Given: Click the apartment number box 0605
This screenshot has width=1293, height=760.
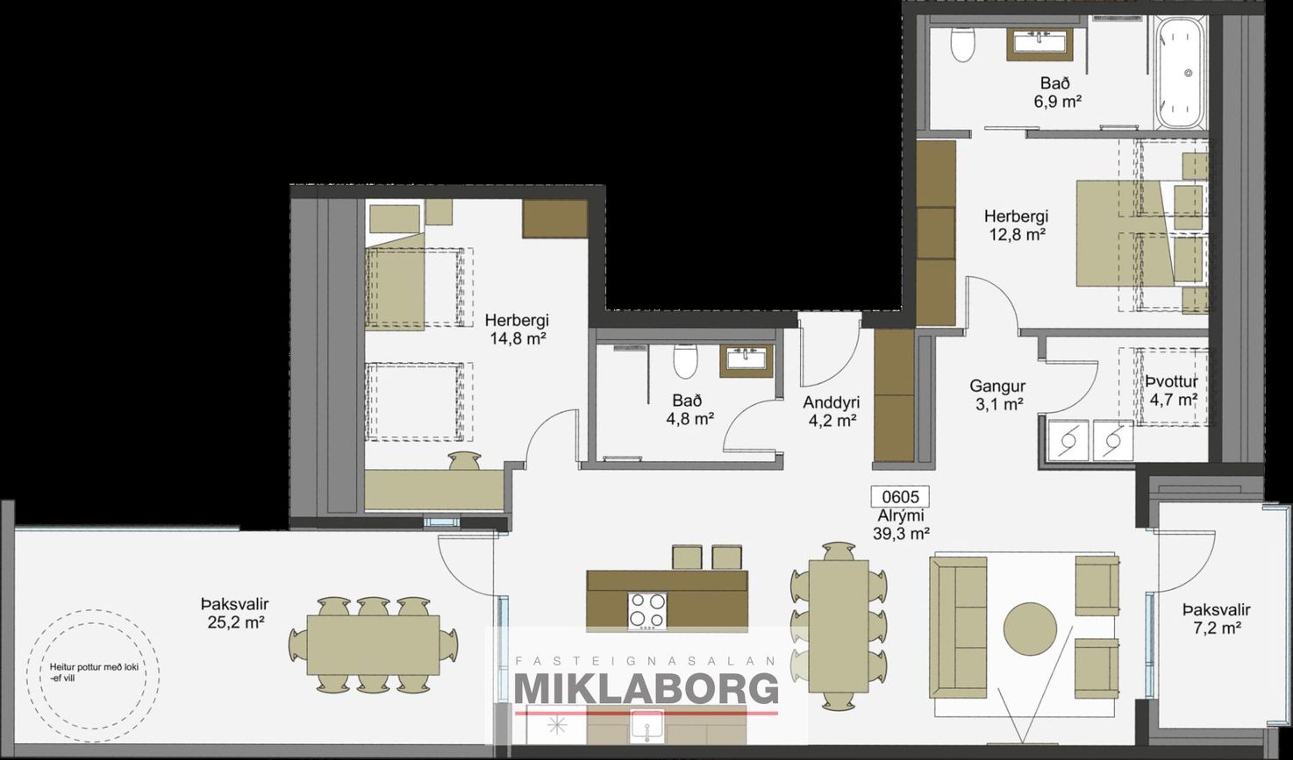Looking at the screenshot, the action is click(x=900, y=496).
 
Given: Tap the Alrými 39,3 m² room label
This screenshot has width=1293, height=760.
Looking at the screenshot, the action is click(x=901, y=524).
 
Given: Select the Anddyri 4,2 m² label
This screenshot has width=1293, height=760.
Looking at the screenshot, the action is click(x=832, y=411).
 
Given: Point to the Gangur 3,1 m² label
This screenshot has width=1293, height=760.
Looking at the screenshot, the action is click(x=997, y=395).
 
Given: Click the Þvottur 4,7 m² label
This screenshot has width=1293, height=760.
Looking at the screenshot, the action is click(x=1172, y=390).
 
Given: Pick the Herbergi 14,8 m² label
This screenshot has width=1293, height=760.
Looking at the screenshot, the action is click(x=518, y=329).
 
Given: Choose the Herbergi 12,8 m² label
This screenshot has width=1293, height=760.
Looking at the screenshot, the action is click(x=1017, y=225).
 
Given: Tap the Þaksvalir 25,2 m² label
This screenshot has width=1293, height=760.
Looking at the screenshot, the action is click(x=235, y=613).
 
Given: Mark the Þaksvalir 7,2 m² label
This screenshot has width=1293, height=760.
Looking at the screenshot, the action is click(x=1216, y=618).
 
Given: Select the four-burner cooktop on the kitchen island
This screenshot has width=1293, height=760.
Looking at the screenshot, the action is click(x=647, y=611).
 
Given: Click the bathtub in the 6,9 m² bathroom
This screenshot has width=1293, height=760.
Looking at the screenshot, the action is click(x=1183, y=73).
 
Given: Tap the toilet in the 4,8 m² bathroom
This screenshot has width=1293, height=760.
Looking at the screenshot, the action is click(x=685, y=361).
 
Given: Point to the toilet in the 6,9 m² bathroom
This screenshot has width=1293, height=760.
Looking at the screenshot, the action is click(x=962, y=38).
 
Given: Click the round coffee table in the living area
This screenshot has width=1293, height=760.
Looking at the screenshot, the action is click(x=1030, y=629).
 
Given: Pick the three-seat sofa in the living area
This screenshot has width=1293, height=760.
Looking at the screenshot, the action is click(x=958, y=628).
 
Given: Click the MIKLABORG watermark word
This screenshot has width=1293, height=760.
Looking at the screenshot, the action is click(x=646, y=689).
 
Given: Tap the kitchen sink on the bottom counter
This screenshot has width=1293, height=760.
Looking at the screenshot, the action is click(x=647, y=726).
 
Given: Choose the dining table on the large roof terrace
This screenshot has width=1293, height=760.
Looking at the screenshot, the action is click(x=373, y=644).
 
